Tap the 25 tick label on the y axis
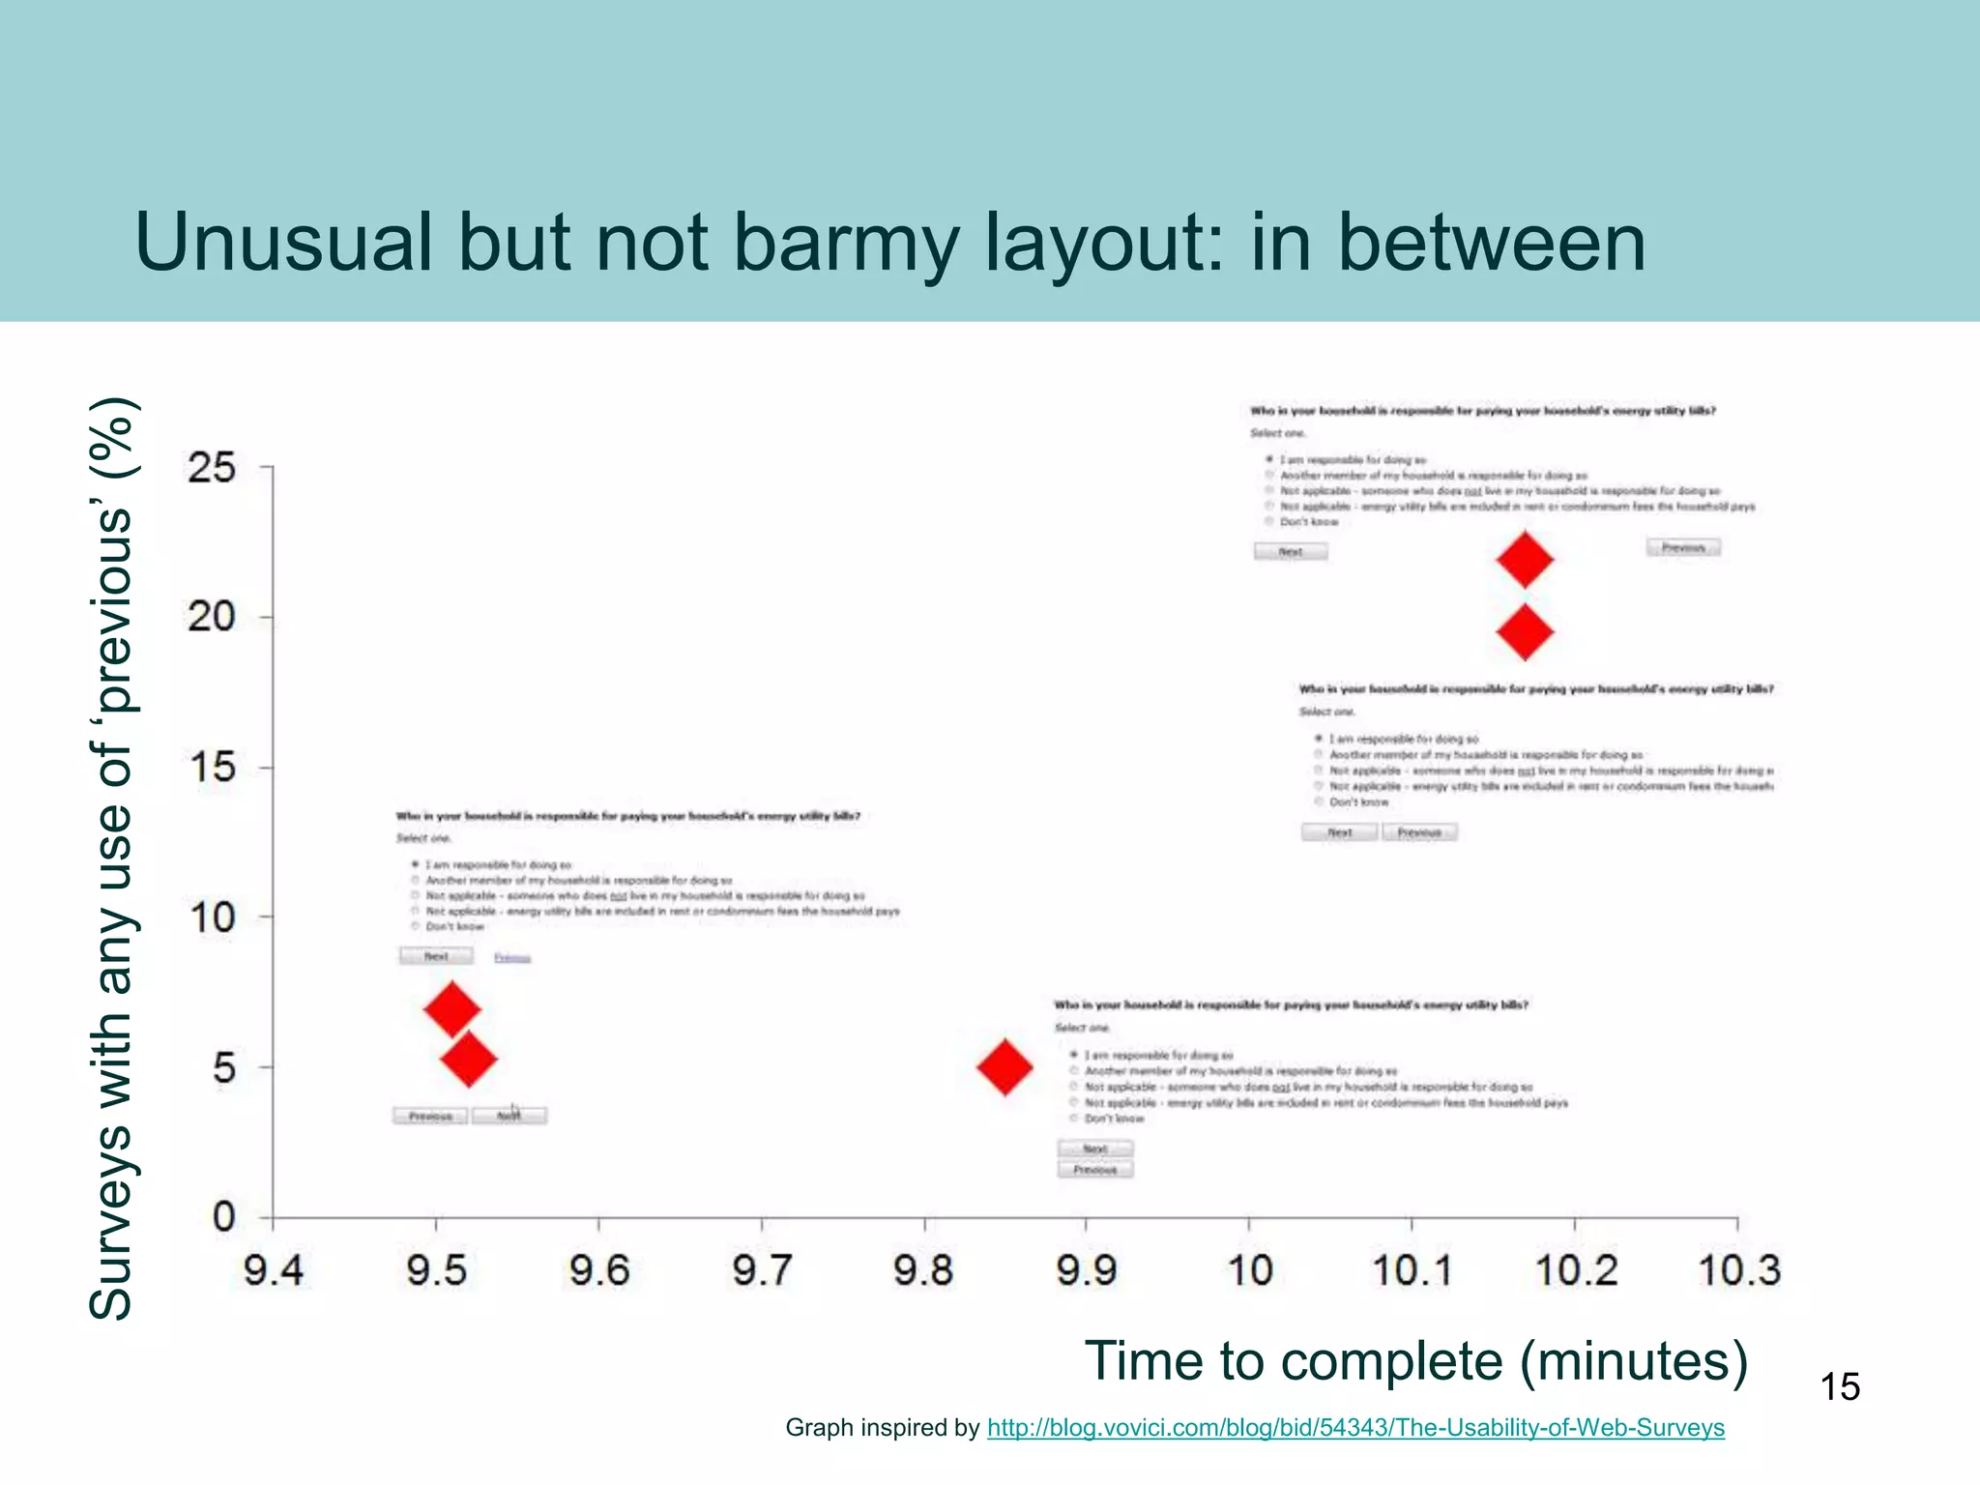point(212,469)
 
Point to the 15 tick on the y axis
point(212,769)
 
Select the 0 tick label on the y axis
point(223,1217)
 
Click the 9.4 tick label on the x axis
point(274,1270)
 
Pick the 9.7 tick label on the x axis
point(762,1270)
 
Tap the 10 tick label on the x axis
point(1249,1270)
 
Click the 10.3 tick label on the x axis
point(1738,1270)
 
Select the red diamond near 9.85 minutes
point(1005,1067)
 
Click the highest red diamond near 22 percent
point(1525,559)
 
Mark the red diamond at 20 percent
point(1525,632)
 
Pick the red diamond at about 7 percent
point(451,1009)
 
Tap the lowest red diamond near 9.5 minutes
point(469,1060)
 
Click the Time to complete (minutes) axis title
point(1415,1361)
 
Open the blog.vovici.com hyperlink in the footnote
point(1354,1428)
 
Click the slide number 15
point(1840,1387)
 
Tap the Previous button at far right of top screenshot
point(1683,548)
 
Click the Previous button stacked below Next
point(1094,1170)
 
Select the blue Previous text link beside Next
point(512,958)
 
